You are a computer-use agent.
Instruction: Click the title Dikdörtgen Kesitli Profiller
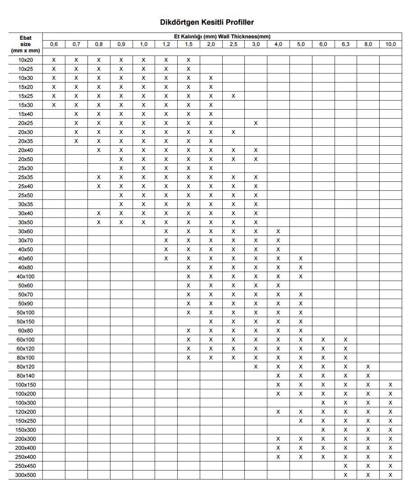pos(207,22)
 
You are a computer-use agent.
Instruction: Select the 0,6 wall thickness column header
pos(54,44)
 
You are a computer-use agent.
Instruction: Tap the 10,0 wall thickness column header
pos(390,44)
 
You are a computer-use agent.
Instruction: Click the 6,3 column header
pos(345,44)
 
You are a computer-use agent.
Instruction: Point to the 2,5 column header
pos(233,44)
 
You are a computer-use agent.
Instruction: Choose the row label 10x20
pos(26,60)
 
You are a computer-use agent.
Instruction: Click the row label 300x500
pos(26,475)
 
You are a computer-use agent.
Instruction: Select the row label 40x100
pos(26,277)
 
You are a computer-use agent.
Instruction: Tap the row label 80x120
pos(26,367)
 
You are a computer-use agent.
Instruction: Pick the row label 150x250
pos(26,421)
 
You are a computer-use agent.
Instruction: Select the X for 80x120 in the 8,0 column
pos(368,367)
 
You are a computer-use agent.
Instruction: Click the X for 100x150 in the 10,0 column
pos(390,385)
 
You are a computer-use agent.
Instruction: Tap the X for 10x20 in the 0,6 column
pos(54,60)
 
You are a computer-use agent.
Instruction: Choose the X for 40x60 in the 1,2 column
pos(166,258)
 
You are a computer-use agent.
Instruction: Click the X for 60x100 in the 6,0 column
pos(323,340)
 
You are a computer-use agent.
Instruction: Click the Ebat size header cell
pos(26,44)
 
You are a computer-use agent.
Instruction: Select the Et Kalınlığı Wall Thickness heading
pos(222,37)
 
